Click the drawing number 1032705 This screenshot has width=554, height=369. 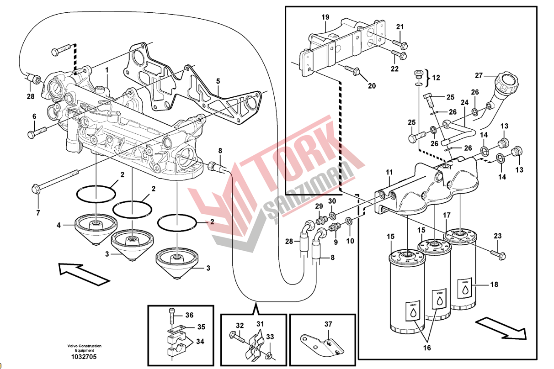pyautogui.click(x=84, y=357)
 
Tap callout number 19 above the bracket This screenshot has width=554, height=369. pyautogui.click(x=325, y=18)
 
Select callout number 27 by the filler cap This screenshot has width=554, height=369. pyautogui.click(x=479, y=75)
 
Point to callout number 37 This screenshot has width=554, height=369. pyautogui.click(x=328, y=324)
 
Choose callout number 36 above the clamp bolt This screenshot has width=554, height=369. pyautogui.click(x=189, y=315)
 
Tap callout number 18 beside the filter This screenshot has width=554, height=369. pyautogui.click(x=494, y=285)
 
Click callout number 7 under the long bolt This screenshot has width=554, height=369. pyautogui.click(x=38, y=213)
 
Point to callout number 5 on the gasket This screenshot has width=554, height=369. pyautogui.click(x=218, y=81)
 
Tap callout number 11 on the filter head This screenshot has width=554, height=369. pyautogui.click(x=389, y=172)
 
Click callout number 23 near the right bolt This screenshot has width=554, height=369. pyautogui.click(x=498, y=236)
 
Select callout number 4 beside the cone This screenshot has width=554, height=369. pyautogui.click(x=59, y=225)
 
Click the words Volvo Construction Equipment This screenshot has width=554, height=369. pyautogui.click(x=84, y=348)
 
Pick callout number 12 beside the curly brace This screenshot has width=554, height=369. pyautogui.click(x=435, y=78)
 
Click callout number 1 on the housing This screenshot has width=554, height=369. pyautogui.click(x=107, y=70)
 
